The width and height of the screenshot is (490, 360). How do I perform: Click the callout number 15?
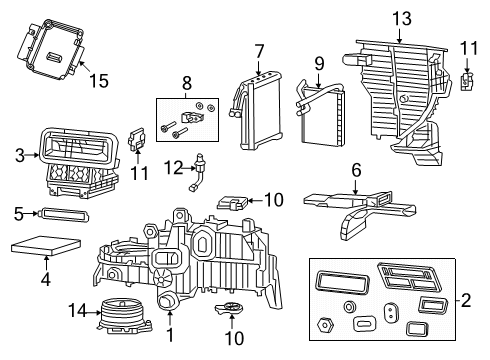coord(97,79)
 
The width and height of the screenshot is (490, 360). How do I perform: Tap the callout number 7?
coord(259,51)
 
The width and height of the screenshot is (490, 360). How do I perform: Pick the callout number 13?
coord(401,17)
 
